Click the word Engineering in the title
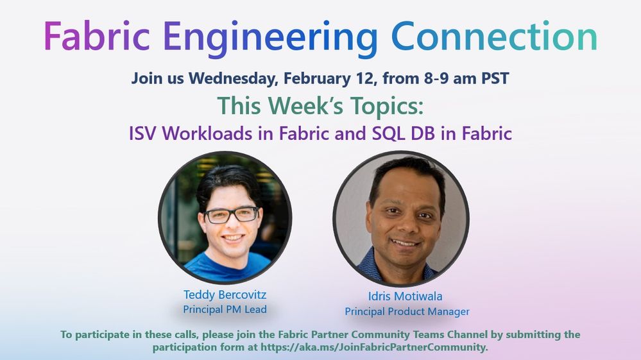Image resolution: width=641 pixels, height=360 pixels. click(x=270, y=39)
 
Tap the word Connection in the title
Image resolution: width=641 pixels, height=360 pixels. click(x=494, y=36)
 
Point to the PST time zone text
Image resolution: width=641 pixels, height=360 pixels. click(x=495, y=78)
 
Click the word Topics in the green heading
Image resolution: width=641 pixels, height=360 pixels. click(x=388, y=106)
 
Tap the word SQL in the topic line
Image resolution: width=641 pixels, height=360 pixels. click(x=386, y=133)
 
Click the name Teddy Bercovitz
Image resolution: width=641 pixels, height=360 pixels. click(x=225, y=294)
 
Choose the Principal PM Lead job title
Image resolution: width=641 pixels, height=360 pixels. click(x=225, y=309)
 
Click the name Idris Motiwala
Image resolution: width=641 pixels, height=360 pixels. click(x=405, y=296)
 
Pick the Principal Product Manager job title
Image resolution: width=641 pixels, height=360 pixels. click(x=407, y=311)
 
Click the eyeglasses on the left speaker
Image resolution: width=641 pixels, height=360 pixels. click(x=232, y=215)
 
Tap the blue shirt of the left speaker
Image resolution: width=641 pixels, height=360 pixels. click(x=228, y=266)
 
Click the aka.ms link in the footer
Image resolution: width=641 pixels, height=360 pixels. click(x=374, y=347)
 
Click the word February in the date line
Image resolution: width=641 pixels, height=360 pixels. click(x=317, y=78)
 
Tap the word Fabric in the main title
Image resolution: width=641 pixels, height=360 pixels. click(x=97, y=36)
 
